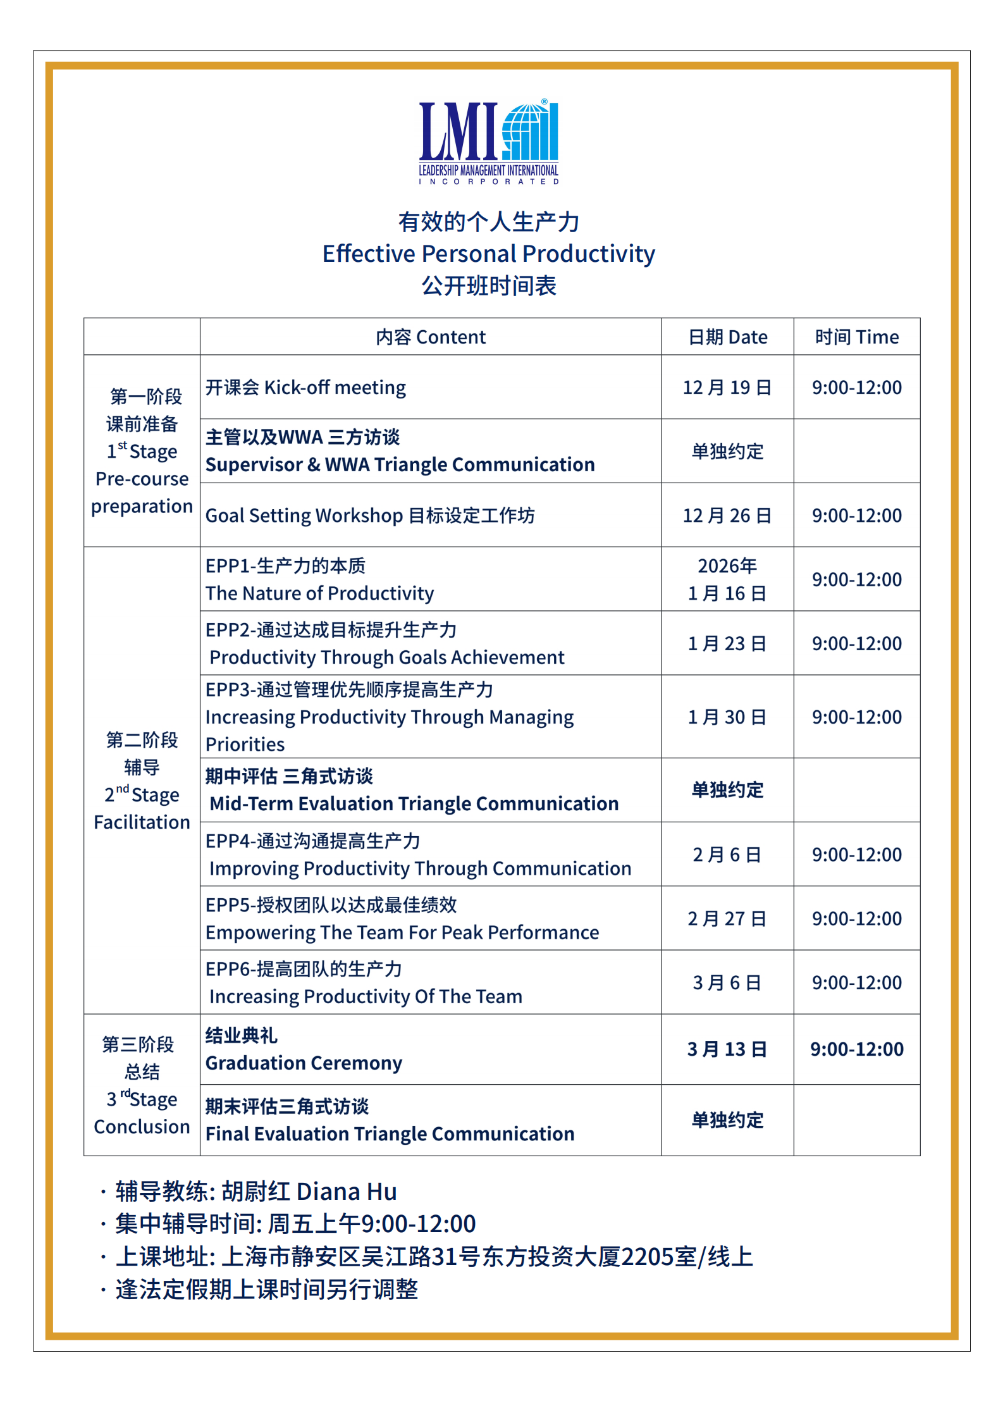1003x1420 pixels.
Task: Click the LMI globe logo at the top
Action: pos(488,141)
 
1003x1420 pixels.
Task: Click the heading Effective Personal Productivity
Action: pos(488,254)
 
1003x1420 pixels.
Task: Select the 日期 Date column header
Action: pos(727,337)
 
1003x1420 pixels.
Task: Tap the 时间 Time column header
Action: pos(856,337)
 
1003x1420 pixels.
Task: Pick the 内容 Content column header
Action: pos(431,337)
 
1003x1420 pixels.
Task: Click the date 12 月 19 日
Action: pos(727,388)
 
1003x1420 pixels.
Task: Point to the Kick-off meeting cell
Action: pos(305,388)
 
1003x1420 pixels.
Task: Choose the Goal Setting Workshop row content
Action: pos(370,516)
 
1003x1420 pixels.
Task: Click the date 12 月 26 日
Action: pos(727,516)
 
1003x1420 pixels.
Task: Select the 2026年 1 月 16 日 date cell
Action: pos(727,579)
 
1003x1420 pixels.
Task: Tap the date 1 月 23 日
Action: pos(727,644)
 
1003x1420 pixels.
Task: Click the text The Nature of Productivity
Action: pos(319,593)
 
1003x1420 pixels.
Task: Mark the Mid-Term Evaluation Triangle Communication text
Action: pos(414,804)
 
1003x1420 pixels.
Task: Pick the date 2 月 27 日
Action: pos(727,918)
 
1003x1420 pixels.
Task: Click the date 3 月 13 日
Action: pos(727,1049)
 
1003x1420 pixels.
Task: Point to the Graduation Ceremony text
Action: pos(304,1063)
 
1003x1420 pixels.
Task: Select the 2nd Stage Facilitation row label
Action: pos(142,781)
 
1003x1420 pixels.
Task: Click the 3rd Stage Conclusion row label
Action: pos(142,1085)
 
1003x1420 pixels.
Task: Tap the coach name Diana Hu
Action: pos(347,1192)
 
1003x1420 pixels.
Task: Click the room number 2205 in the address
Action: pos(647,1257)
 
